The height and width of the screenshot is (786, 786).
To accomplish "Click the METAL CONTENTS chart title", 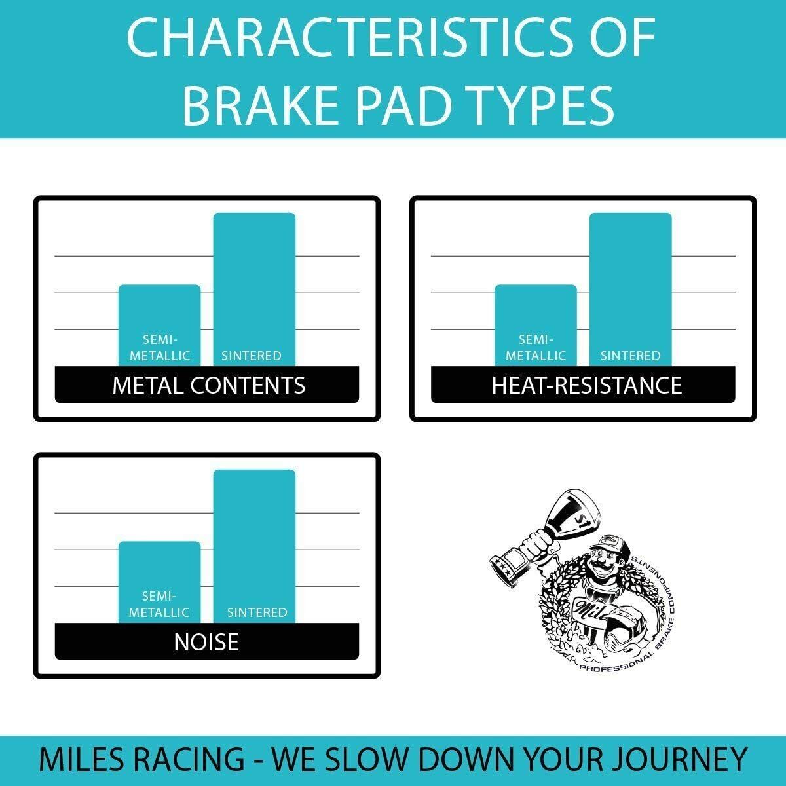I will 208,385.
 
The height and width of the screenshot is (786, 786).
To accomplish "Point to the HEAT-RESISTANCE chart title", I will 586,385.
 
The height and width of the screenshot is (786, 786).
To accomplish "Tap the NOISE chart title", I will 206,642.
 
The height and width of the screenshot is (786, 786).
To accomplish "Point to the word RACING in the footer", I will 190,760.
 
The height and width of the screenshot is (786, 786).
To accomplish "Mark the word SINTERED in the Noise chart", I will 257,612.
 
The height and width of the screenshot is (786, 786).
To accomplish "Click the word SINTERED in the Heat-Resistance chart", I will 630,356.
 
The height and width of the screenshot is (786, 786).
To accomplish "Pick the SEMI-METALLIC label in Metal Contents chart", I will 159,348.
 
